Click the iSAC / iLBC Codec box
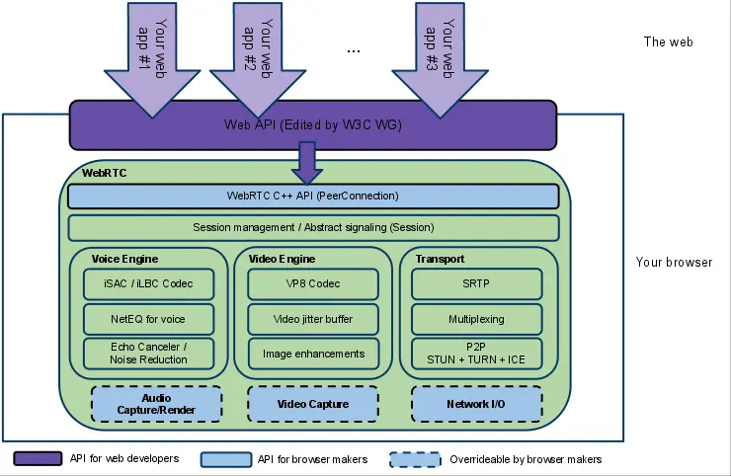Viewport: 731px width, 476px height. click(x=149, y=284)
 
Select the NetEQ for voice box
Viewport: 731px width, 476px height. click(x=149, y=319)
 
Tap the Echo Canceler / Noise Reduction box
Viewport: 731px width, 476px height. click(x=149, y=354)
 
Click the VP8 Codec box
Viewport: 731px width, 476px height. click(x=313, y=284)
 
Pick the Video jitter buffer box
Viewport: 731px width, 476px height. click(x=313, y=319)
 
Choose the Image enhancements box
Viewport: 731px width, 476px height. click(x=313, y=354)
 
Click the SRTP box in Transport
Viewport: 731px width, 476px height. click(x=477, y=284)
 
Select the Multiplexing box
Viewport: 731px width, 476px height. click(x=477, y=319)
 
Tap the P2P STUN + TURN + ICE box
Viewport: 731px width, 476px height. click(x=477, y=354)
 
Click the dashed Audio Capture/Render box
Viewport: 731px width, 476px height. click(x=156, y=404)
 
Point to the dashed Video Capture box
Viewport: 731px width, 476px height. click(x=313, y=404)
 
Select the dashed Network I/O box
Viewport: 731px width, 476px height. click(x=477, y=404)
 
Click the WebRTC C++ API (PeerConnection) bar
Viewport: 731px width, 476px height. click(x=313, y=197)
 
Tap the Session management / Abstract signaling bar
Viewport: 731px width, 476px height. click(x=313, y=228)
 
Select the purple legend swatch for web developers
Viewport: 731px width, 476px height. click(x=38, y=459)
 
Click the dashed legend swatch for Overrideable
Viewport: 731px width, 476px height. click(x=415, y=459)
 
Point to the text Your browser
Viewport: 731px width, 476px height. click(x=674, y=263)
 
